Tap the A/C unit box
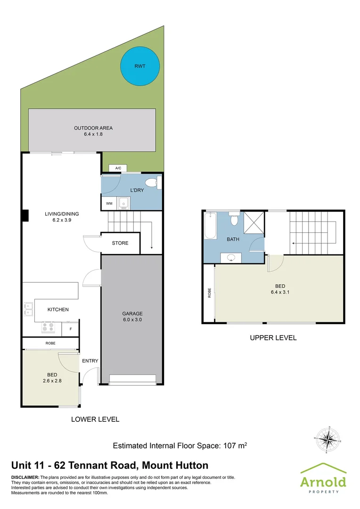(118, 168)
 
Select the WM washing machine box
(109, 204)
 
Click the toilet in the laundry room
(152, 183)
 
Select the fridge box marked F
(71, 328)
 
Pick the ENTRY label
(90, 361)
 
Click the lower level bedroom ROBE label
(50, 344)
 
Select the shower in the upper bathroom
(254, 223)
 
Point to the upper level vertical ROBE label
(209, 293)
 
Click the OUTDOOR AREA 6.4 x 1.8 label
(93, 131)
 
